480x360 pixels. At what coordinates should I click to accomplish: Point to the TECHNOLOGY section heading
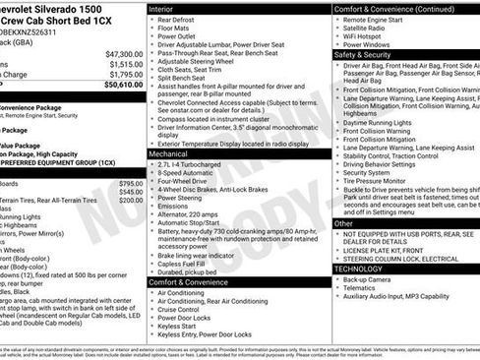click(x=358, y=269)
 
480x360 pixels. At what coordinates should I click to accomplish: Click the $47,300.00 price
click(x=124, y=54)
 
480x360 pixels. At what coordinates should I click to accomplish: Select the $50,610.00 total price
click(x=123, y=85)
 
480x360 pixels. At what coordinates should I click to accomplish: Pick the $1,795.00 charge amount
click(x=126, y=74)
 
